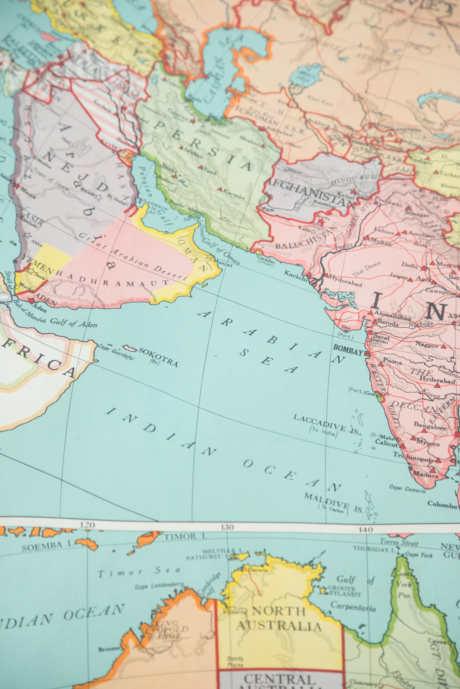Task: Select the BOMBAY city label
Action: point(348,352)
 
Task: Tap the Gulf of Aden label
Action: point(73,323)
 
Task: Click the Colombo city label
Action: point(442,504)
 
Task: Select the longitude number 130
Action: point(227,527)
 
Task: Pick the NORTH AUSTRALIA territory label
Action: point(279,618)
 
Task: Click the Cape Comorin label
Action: point(407,489)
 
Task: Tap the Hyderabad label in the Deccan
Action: point(437,381)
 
